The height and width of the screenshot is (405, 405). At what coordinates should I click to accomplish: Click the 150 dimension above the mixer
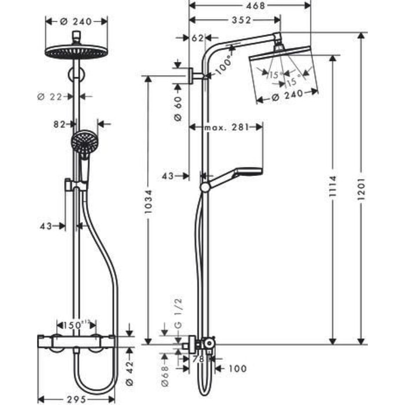pos(76,324)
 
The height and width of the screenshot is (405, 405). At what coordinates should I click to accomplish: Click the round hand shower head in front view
pos(85,140)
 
